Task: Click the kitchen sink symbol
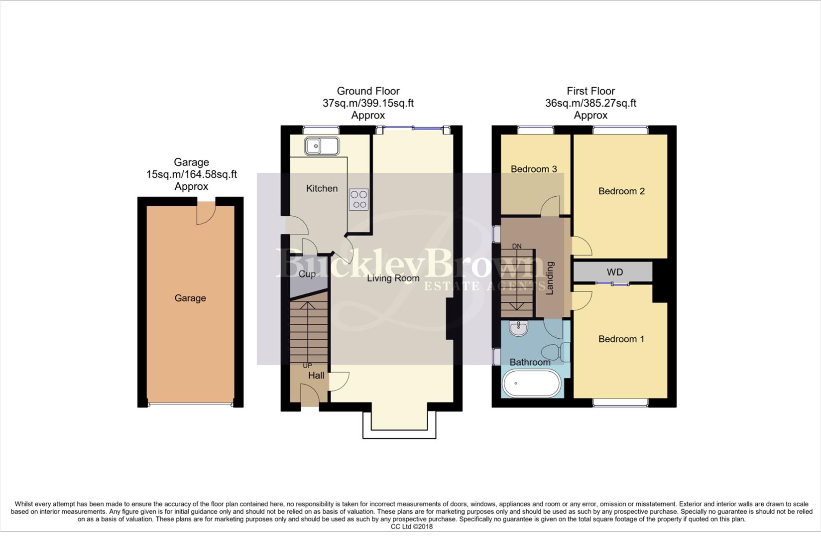coord(322,146)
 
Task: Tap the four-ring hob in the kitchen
coord(358,199)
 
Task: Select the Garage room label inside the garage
coord(190,298)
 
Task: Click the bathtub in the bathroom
coord(531,384)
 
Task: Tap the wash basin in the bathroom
coord(519,328)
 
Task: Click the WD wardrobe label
coord(615,272)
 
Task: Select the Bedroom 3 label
coord(534,169)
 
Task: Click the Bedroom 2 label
coord(621,191)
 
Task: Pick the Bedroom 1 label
coord(621,339)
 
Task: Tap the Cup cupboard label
coord(307,274)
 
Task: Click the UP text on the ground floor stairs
coord(307,366)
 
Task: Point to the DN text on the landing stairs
coord(517,246)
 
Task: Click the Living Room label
coord(393,278)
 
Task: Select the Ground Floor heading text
coord(368,91)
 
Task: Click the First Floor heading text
coord(590,91)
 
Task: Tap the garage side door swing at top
coord(205,214)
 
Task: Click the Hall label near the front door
coord(316,375)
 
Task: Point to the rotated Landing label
coord(550,278)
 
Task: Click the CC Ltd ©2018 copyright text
coord(411,527)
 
